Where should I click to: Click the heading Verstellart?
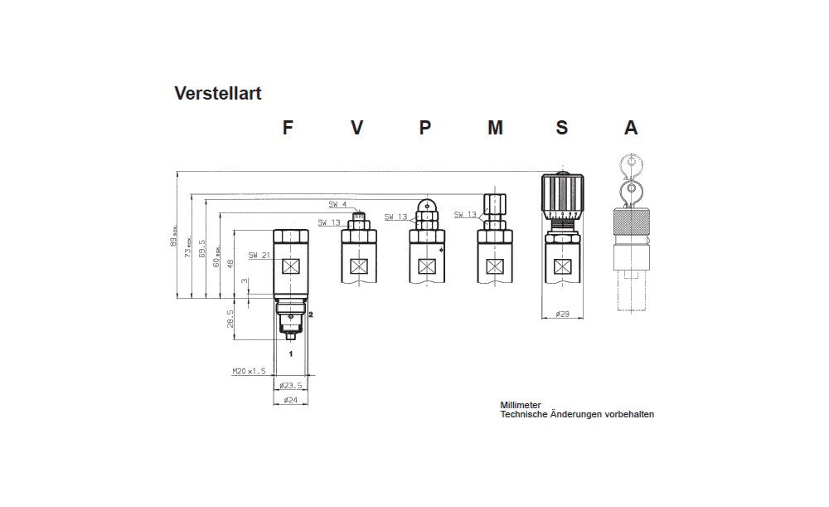click(217, 93)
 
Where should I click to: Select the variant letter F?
click(288, 128)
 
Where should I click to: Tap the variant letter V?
click(356, 128)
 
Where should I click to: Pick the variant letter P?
click(424, 128)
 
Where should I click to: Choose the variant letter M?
click(495, 128)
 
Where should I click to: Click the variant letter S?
click(562, 128)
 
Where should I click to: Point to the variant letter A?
click(631, 128)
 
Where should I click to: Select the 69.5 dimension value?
click(202, 249)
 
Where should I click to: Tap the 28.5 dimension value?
click(230, 319)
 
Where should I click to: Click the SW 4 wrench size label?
click(337, 204)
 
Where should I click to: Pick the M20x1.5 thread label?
click(249, 372)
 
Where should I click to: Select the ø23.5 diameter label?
click(291, 386)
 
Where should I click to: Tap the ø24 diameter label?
click(290, 400)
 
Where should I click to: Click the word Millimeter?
click(521, 405)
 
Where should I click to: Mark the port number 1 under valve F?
click(290, 353)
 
